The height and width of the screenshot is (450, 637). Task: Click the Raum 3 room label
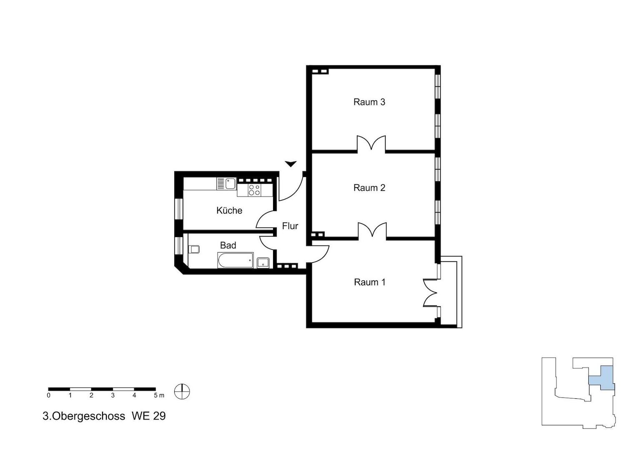369,102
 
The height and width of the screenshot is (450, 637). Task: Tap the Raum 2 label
369,188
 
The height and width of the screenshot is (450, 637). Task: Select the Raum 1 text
370,282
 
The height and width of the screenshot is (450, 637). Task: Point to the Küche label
229,210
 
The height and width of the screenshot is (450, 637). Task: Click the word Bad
228,245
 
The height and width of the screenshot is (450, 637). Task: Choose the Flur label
290,226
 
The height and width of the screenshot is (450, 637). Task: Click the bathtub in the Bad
236,260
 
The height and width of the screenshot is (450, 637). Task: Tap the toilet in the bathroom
194,249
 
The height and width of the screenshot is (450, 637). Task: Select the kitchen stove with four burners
254,190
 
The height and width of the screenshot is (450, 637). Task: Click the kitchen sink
227,183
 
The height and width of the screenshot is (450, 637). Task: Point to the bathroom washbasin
263,262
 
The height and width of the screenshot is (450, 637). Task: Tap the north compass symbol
182,391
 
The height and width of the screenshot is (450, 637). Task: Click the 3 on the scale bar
113,395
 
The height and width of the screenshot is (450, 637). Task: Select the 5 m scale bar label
159,395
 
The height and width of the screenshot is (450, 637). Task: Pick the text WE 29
148,416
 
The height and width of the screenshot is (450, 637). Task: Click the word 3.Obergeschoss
84,416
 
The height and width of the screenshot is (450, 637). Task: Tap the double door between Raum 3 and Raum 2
371,144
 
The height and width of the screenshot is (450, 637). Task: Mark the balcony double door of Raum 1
430,292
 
